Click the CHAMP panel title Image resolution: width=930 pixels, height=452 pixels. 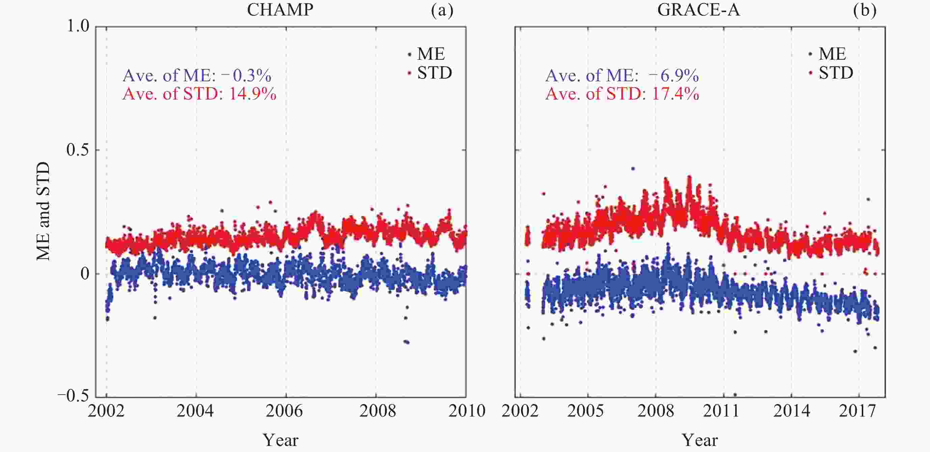click(280, 10)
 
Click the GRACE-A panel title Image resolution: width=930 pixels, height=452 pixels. click(699, 10)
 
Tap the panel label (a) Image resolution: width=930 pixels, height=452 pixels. click(442, 10)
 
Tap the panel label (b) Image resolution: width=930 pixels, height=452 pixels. click(865, 10)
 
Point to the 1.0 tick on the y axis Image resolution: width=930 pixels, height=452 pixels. click(78, 26)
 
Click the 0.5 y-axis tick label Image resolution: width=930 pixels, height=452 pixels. click(78, 150)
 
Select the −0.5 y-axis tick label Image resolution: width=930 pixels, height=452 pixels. click(73, 396)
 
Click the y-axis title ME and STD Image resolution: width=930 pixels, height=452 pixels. click(43, 211)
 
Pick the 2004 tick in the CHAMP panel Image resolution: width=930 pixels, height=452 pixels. click(195, 411)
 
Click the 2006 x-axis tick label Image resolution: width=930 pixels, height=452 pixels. click(284, 411)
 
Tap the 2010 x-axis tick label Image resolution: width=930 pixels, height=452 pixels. click(467, 411)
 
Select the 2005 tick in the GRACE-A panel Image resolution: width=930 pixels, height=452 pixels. click(585, 411)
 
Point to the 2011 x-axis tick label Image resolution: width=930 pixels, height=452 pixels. click(721, 411)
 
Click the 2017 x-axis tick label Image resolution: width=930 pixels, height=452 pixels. click(857, 411)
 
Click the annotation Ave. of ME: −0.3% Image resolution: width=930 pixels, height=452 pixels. click(197, 76)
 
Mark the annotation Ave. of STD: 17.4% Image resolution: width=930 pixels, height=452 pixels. click(622, 94)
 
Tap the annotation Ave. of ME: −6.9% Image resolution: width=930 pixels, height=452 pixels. click(622, 76)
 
